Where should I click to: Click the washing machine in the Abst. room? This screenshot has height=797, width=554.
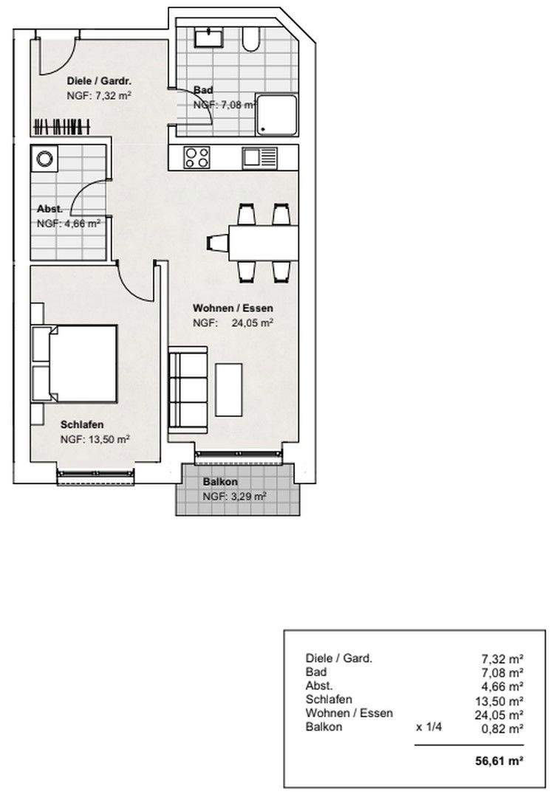pyautogui.click(x=44, y=159)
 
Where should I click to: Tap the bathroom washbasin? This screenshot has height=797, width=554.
pyautogui.click(x=209, y=37)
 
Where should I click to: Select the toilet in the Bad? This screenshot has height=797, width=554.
pyautogui.click(x=251, y=39)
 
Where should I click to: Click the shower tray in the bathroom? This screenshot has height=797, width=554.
pyautogui.click(x=276, y=115)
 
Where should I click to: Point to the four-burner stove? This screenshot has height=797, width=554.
pyautogui.click(x=197, y=157)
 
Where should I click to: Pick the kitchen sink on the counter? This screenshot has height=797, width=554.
pyautogui.click(x=259, y=158)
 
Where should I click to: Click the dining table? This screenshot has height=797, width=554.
pyautogui.click(x=264, y=243)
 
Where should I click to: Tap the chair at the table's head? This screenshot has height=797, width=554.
pyautogui.click(x=218, y=244)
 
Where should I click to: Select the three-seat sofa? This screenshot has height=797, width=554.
pyautogui.click(x=188, y=390)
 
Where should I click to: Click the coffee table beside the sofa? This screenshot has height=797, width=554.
pyautogui.click(x=229, y=390)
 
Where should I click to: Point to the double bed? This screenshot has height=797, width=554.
pyautogui.click(x=75, y=364)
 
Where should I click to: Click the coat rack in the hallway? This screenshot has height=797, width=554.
pyautogui.click(x=61, y=127)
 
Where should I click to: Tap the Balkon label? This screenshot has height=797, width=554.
pyautogui.click(x=220, y=482)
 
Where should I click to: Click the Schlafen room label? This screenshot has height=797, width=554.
pyautogui.click(x=82, y=424)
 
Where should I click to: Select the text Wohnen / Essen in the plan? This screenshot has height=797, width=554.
pyautogui.click(x=233, y=308)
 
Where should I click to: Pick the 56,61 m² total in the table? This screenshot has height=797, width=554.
pyautogui.click(x=500, y=761)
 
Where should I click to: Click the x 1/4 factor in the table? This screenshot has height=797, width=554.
pyautogui.click(x=429, y=727)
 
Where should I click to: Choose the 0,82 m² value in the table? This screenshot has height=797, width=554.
pyautogui.click(x=502, y=728)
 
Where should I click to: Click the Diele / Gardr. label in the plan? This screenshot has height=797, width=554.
pyautogui.click(x=100, y=81)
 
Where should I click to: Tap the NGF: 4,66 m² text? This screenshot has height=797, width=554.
pyautogui.click(x=68, y=224)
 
